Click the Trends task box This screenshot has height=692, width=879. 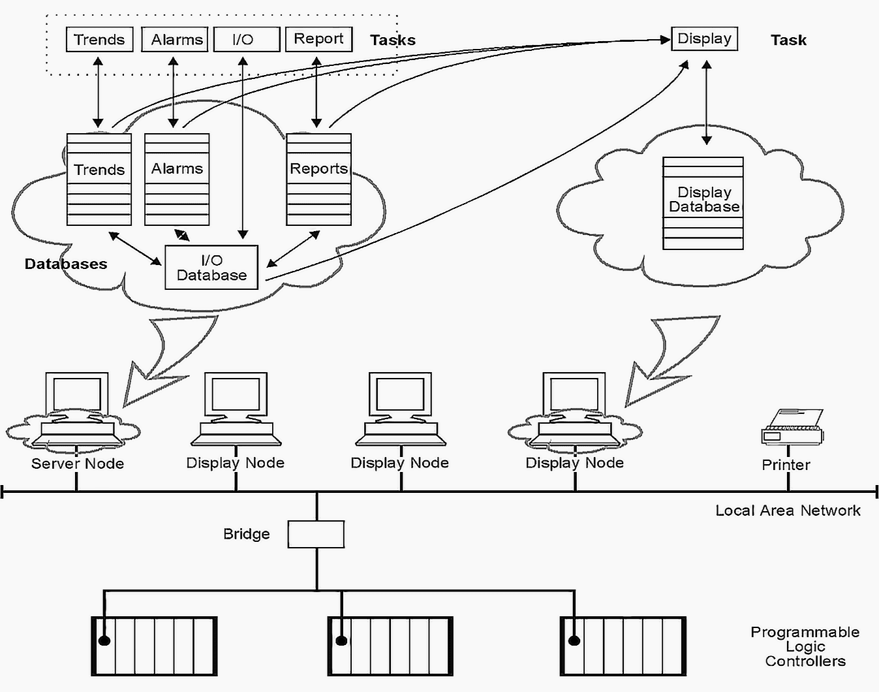100,39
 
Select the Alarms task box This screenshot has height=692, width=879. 175,39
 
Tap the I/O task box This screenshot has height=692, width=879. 247,39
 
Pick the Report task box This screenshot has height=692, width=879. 318,39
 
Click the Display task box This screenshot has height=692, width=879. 705,39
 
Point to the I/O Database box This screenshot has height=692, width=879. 211,267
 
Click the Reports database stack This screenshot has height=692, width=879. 318,179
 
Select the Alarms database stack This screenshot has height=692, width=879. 177,179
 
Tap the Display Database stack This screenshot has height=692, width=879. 703,203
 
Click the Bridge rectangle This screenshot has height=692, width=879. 316,534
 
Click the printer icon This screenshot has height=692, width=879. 792,427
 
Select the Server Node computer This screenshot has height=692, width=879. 77,409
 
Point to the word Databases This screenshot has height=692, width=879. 66,264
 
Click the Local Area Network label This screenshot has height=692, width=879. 788,511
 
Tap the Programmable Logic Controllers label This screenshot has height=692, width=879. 805,647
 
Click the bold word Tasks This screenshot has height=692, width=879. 393,40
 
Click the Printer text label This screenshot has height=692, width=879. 786,465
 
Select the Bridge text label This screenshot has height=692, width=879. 246,534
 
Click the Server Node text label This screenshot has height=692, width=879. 78,464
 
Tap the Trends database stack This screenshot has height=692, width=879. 99,179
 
